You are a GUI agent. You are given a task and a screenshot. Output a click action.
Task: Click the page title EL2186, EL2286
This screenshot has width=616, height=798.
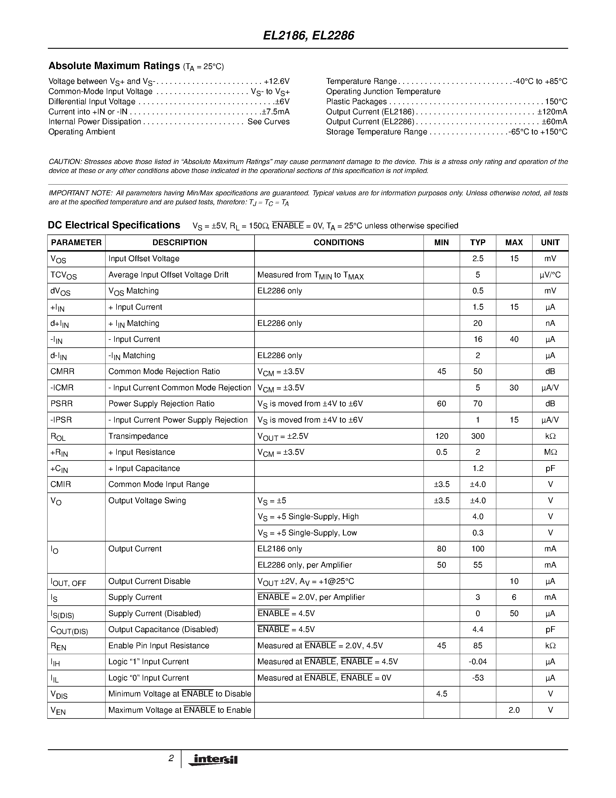308,35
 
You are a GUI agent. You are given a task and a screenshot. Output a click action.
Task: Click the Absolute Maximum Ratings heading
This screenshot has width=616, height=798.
114,66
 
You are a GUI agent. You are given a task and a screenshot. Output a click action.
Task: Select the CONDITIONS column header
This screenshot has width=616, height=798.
339,243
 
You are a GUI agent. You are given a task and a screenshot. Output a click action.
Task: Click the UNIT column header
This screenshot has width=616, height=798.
550,243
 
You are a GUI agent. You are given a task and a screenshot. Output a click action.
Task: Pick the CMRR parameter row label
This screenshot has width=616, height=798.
62,372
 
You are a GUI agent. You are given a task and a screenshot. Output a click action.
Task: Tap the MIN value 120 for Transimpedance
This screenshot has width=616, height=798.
441,436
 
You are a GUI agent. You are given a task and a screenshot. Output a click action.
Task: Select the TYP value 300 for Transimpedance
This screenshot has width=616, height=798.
478,436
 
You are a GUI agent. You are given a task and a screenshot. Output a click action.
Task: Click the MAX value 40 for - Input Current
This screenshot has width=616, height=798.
514,340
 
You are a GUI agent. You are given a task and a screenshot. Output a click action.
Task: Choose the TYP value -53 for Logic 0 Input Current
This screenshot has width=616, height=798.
478,678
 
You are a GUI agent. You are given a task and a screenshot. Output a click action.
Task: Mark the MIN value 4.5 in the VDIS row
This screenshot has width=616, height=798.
441,694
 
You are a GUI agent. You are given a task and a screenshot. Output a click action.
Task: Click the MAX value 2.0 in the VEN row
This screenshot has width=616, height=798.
514,710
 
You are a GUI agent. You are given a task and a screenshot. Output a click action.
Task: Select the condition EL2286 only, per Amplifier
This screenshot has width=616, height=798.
305,565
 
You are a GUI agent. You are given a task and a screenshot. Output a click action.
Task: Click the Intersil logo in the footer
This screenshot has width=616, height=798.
213,760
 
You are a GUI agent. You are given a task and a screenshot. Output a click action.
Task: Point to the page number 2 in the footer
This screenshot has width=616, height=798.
171,759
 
